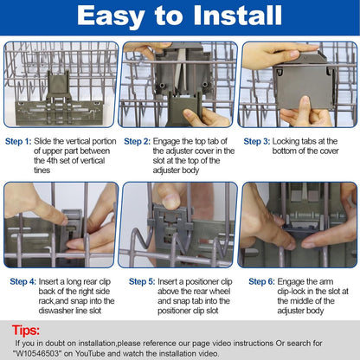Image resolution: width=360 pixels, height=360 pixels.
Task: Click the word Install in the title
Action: (237, 16)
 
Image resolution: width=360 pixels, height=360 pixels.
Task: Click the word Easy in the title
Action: (111, 16)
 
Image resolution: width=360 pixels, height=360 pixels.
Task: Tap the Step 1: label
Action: (18, 141)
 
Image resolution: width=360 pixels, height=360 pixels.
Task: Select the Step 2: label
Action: (138, 141)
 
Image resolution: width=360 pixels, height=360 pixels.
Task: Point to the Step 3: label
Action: (257, 141)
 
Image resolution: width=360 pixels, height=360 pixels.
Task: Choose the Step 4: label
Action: (23, 281)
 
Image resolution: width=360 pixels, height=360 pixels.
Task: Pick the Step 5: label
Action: (142, 281)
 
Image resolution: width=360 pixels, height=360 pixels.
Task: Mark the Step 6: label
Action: (261, 281)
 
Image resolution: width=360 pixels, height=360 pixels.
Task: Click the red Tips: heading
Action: (26, 330)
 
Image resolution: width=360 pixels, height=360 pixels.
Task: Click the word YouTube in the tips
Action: (91, 353)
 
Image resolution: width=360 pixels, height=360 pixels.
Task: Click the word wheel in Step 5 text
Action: (221, 292)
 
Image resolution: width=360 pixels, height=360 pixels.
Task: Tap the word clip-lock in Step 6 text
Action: (291, 292)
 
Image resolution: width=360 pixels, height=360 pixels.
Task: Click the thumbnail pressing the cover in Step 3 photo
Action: (305, 102)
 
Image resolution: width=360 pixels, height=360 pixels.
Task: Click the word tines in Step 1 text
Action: (42, 170)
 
